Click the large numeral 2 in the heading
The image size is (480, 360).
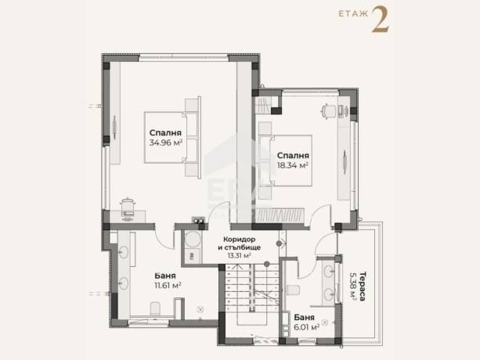(x=381, y=20)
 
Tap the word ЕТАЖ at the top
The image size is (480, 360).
(x=353, y=14)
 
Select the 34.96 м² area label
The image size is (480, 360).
(x=166, y=142)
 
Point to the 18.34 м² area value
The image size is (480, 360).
(x=292, y=165)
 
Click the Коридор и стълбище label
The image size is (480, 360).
(x=239, y=243)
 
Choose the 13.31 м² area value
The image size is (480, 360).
(x=239, y=255)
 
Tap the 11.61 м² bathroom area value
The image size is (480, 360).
(x=168, y=286)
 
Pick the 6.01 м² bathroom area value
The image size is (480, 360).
(x=307, y=327)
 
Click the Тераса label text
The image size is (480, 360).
(x=363, y=286)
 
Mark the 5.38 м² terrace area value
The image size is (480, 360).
(x=353, y=286)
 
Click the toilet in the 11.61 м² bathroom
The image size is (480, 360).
(x=155, y=308)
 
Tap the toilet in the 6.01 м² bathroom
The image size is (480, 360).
(x=293, y=290)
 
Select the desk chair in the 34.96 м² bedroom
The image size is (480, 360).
(x=128, y=209)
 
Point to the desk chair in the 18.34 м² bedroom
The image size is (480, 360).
(x=328, y=110)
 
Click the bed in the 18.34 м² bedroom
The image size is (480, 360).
(x=291, y=160)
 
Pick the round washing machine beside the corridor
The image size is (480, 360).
(x=193, y=239)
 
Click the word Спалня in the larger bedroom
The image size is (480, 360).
(x=165, y=133)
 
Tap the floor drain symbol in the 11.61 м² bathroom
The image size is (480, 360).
(x=200, y=310)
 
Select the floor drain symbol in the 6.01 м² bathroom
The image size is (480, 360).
(x=325, y=322)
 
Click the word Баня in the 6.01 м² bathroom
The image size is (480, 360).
(x=304, y=318)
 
